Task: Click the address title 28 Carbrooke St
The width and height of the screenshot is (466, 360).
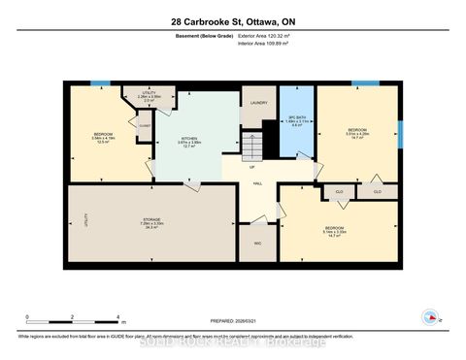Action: click(x=232, y=20)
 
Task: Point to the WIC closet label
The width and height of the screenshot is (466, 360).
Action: click(x=257, y=243)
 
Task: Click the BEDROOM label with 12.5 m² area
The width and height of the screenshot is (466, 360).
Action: click(x=103, y=134)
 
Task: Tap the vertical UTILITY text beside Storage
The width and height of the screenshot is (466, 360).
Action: click(x=86, y=221)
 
